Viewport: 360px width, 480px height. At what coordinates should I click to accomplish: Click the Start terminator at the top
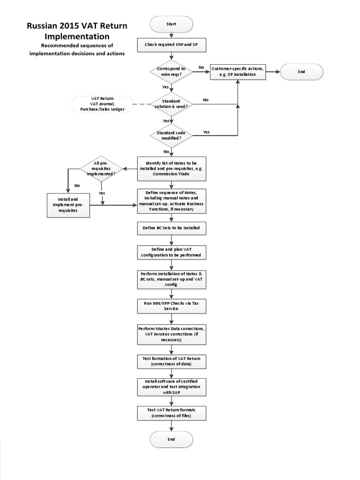171,24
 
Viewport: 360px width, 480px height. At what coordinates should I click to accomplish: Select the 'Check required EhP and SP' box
171,45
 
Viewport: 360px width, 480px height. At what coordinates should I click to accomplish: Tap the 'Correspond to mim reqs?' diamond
171,72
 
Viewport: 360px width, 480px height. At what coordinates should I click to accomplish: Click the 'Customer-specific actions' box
238,72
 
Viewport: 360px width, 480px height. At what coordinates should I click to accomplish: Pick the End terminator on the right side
301,72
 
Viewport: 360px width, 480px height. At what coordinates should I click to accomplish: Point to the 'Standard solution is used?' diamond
171,104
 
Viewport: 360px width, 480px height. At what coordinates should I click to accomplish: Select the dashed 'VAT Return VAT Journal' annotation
102,104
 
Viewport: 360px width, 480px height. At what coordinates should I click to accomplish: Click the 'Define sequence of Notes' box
171,201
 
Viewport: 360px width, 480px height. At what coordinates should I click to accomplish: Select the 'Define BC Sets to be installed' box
171,228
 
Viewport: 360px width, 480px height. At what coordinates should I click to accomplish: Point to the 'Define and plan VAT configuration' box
171,252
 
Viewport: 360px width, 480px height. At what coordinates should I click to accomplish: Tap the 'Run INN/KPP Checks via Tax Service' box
171,306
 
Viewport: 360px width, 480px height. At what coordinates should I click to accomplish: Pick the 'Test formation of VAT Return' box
171,361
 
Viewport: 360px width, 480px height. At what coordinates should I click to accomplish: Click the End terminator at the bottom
171,439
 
